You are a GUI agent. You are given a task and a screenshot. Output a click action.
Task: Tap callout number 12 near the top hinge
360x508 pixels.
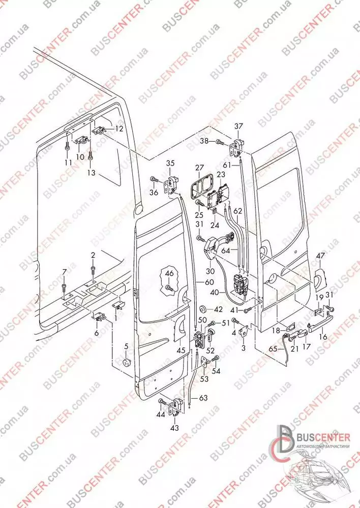[118, 129]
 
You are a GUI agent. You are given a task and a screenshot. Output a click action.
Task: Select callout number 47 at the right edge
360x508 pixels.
[320, 256]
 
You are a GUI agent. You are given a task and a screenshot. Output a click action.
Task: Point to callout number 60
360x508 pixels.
[209, 282]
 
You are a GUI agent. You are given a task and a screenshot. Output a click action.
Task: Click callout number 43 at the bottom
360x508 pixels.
[174, 428]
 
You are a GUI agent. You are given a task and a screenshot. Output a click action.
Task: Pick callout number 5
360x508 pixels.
[126, 347]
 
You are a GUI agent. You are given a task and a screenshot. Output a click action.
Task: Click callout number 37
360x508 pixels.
[239, 126]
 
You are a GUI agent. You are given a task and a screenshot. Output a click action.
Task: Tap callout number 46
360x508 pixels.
[169, 273]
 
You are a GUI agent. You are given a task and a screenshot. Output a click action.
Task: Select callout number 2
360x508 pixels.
[93, 255]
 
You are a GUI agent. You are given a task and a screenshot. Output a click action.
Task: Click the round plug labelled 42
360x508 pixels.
[202, 309]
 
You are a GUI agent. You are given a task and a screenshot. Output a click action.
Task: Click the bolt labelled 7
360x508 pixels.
[64, 290]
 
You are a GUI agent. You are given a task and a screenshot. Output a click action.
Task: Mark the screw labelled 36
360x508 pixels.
[153, 180]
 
